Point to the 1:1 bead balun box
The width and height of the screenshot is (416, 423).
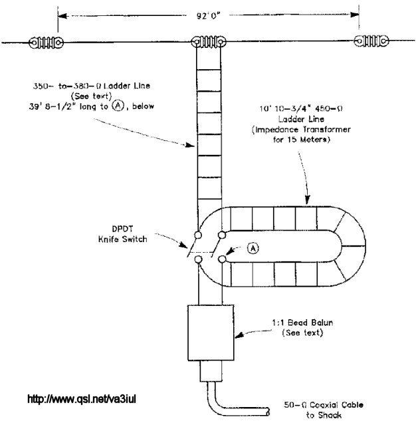[x=210, y=332]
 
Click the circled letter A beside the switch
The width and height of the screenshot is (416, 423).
[x=253, y=248]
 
